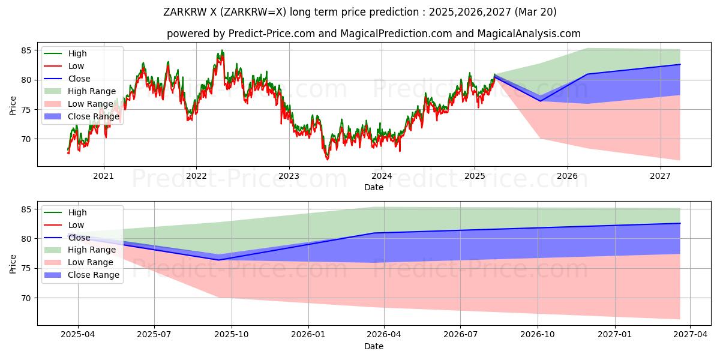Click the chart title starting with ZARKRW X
click(360, 12)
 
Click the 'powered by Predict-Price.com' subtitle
click(373, 34)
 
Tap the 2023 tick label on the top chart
click(289, 176)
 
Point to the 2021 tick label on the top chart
click(104, 176)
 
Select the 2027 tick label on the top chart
click(660, 176)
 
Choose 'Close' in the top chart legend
click(79, 79)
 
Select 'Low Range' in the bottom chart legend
click(90, 262)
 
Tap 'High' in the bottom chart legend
click(77, 212)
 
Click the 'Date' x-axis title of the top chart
click(373, 187)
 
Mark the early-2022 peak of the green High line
click(222, 50)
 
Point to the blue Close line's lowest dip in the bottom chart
click(218, 260)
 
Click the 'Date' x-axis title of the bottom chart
click(373, 346)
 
